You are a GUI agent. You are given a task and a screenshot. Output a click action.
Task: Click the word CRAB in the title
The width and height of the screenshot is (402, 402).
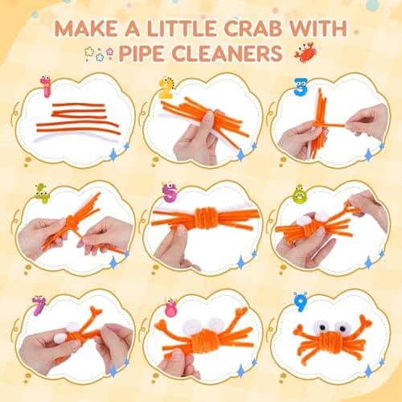click(x=252, y=28)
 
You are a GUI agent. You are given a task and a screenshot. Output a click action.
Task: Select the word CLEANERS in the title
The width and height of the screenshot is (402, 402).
click(x=228, y=53)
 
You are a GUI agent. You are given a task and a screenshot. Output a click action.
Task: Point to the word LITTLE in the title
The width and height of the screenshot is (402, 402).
click(x=182, y=28)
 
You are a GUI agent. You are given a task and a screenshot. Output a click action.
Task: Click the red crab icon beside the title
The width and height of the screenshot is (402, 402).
click(x=305, y=52)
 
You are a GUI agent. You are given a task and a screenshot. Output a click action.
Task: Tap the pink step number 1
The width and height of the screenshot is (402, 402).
click(x=46, y=86)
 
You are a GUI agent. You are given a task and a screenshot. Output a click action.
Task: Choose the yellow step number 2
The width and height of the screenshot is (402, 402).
click(x=166, y=88)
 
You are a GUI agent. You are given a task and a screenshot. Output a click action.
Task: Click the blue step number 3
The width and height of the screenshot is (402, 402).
click(x=301, y=87)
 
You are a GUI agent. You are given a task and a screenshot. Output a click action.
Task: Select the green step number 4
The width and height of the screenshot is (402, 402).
click(x=43, y=193)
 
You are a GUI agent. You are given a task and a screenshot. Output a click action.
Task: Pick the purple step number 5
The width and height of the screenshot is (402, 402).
click(x=170, y=192)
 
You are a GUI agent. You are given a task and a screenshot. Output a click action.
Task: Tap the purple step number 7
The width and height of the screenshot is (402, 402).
click(x=39, y=306)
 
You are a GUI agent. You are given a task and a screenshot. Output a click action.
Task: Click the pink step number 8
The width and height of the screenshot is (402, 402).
click(x=170, y=307)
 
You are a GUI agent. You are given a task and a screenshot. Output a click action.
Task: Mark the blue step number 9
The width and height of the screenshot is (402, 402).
click(x=300, y=302)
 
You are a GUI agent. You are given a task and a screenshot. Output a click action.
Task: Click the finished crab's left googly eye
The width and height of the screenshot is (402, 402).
click(x=321, y=326)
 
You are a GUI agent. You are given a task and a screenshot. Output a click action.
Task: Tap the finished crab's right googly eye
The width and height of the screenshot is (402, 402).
click(x=341, y=326)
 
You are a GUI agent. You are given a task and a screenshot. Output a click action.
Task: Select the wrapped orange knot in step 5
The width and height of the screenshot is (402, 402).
click(x=205, y=218)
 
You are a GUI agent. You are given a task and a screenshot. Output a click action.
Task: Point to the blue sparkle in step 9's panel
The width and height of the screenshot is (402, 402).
click(x=369, y=371)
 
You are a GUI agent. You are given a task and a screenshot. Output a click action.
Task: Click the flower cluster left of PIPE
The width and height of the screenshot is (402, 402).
click(x=99, y=54)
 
